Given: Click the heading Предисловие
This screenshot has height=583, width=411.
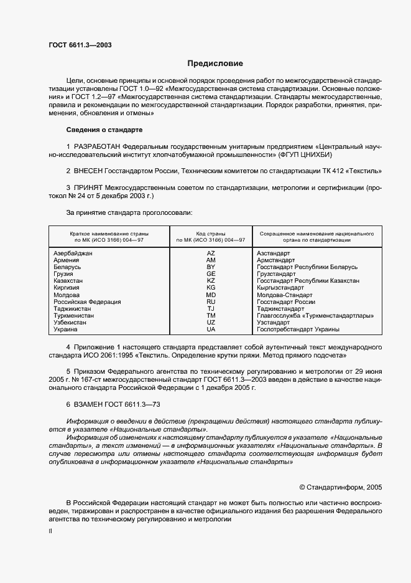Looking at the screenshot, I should click(216, 64).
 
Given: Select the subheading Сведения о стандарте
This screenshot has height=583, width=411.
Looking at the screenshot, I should click(104, 130).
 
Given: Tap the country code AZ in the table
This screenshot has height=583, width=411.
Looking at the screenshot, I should click(211, 254).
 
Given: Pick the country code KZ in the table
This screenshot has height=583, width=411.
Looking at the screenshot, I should click(211, 281).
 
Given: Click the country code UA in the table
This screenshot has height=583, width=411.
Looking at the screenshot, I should click(211, 329).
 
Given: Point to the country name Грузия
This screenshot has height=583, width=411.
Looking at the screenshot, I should click(63, 274).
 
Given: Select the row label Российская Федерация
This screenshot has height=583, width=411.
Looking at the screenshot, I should click(87, 301).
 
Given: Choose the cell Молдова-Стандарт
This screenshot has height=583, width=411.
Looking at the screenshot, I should click(284, 295).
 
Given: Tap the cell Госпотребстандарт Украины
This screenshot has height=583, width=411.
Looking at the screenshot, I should click(298, 329).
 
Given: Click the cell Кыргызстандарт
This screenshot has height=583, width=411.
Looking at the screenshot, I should click(280, 288).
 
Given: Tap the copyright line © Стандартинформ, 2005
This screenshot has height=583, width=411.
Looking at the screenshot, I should click(340, 487).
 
